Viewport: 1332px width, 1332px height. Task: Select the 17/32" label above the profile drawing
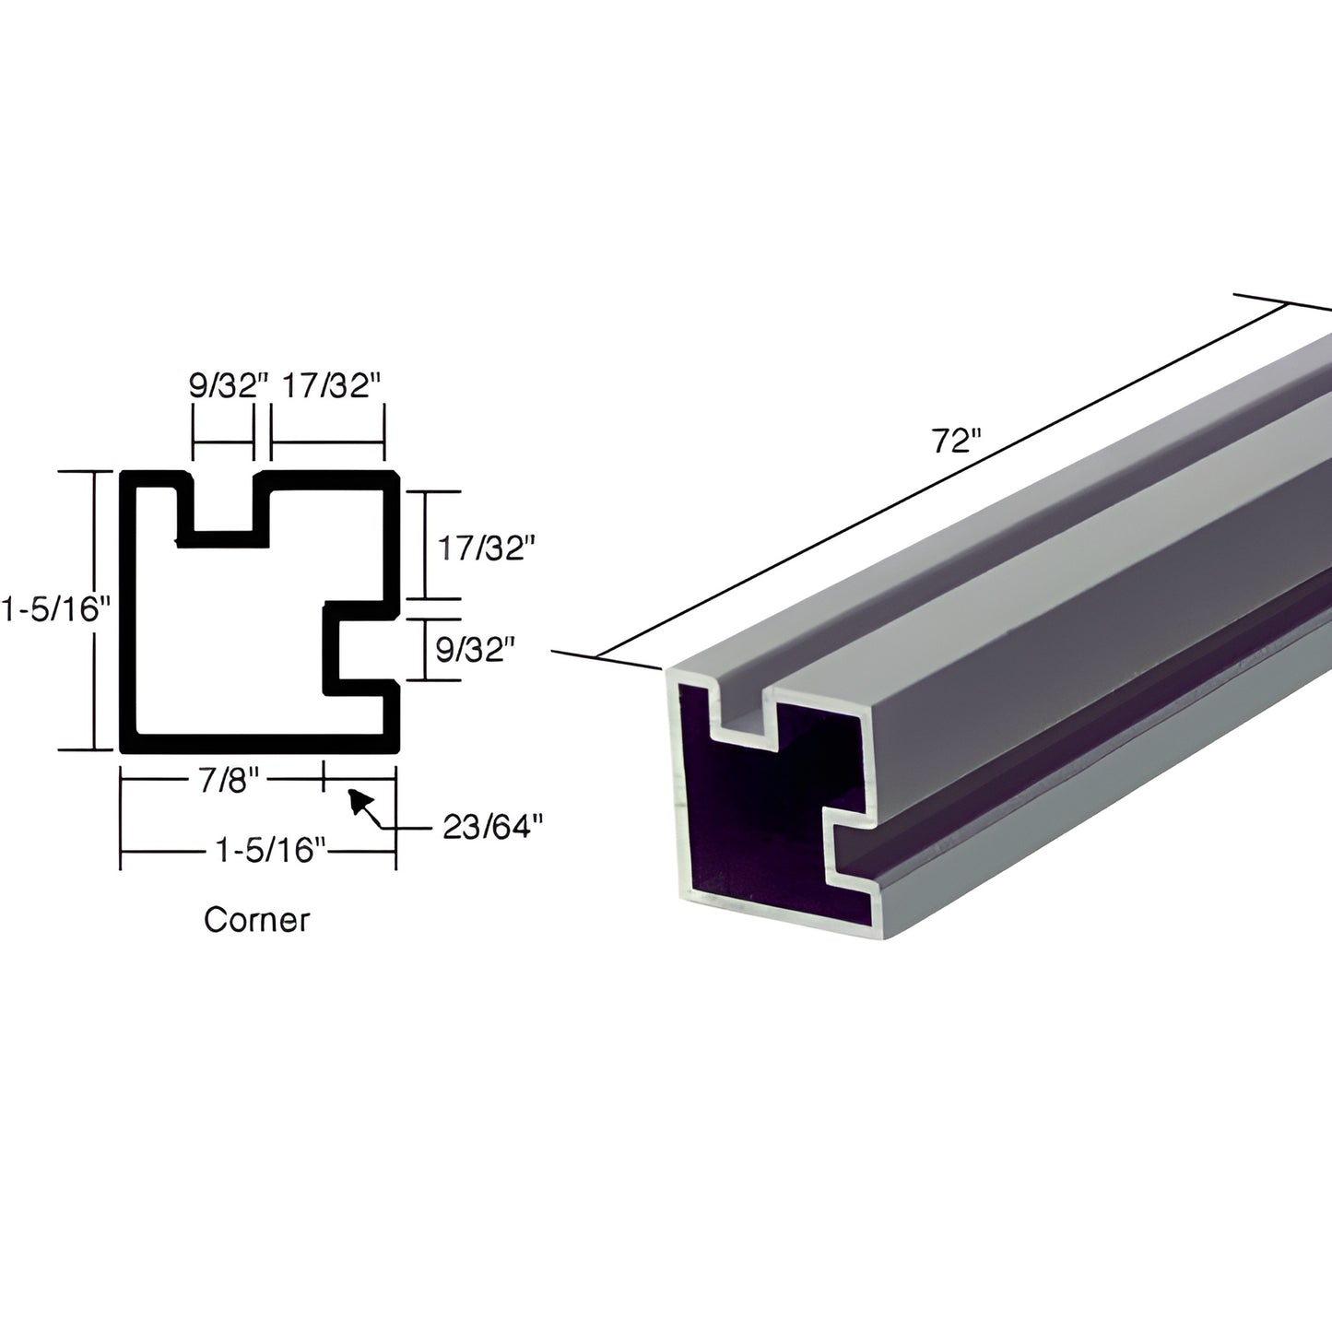click(x=329, y=385)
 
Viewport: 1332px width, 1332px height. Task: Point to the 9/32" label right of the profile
click(x=473, y=650)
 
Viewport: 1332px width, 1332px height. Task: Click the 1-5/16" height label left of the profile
click(x=55, y=609)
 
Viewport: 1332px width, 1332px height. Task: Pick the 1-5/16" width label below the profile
click(x=271, y=849)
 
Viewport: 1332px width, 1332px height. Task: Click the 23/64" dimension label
click(x=489, y=828)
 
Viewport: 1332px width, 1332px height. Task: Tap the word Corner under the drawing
click(x=256, y=919)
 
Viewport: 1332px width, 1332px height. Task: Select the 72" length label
click(x=953, y=442)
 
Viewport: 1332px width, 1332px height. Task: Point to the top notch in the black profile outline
click(x=222, y=507)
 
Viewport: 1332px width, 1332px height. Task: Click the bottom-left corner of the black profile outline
click(x=128, y=744)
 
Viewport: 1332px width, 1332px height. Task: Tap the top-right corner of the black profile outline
click(x=392, y=477)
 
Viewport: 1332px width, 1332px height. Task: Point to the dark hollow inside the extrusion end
click(x=756, y=830)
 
